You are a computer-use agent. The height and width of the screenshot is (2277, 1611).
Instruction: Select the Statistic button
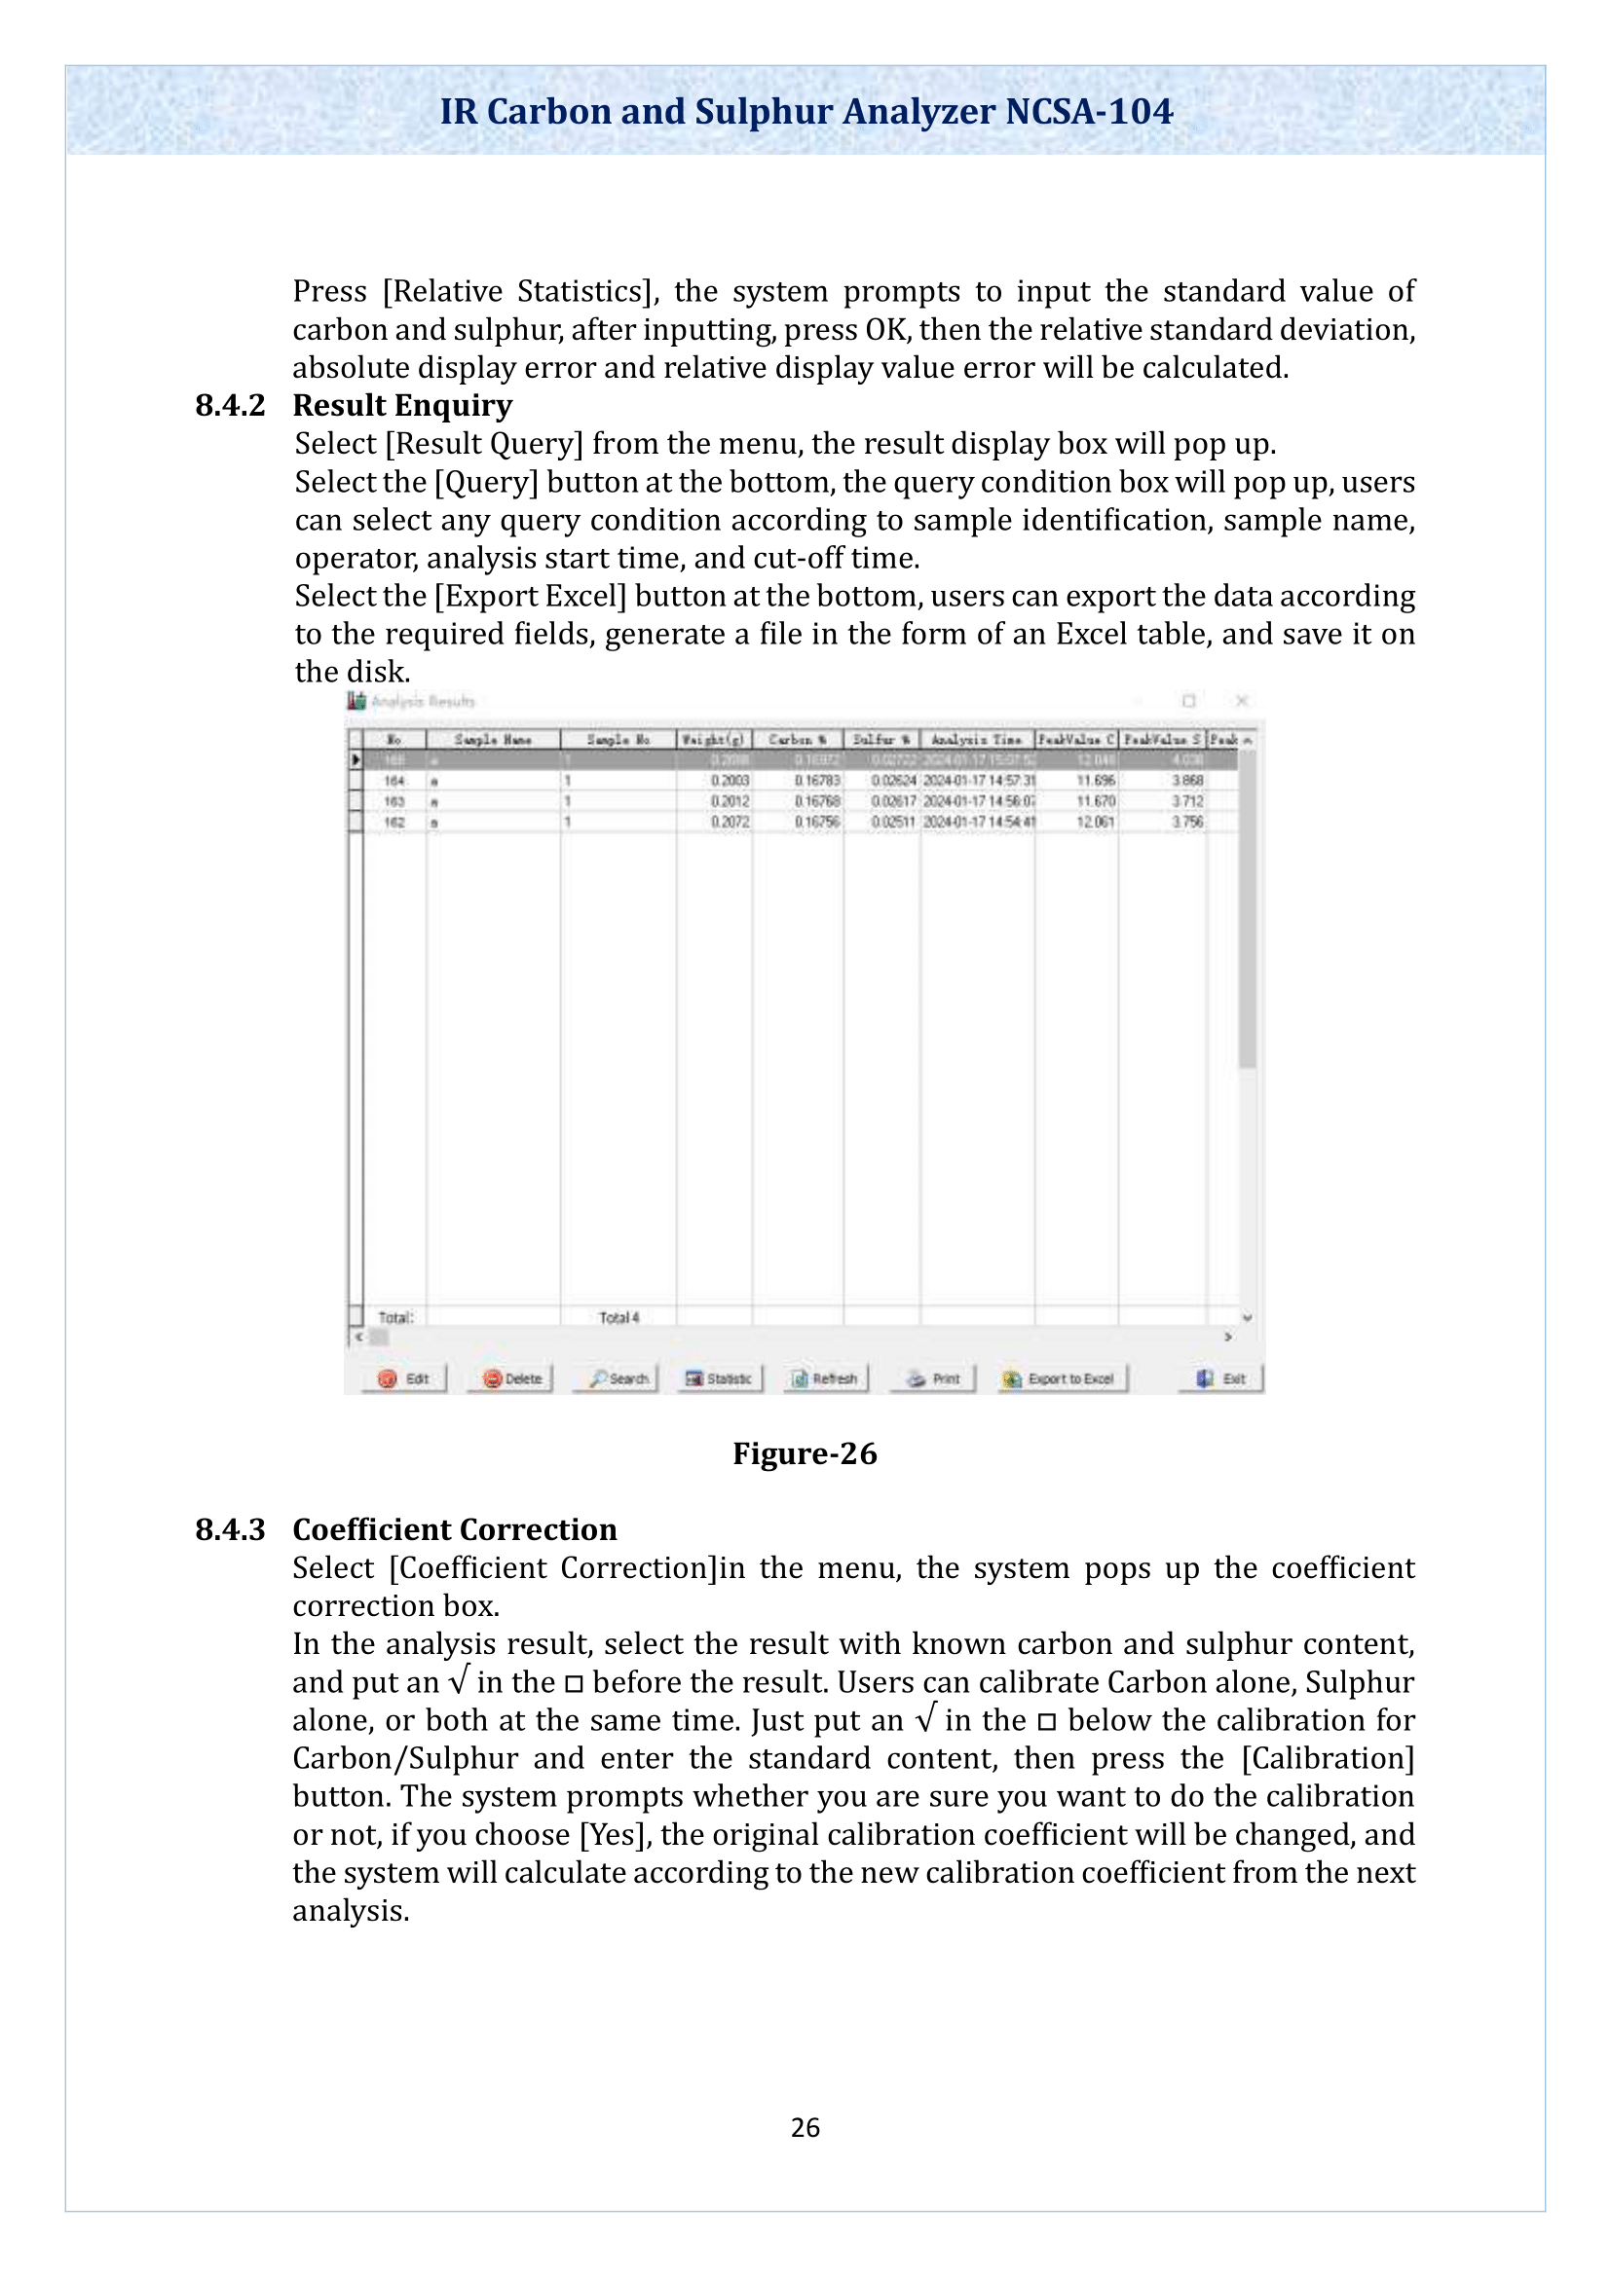coord(720,1378)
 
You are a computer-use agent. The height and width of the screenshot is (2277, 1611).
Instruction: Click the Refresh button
coord(825,1378)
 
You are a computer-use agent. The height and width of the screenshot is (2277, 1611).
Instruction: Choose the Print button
coord(934,1378)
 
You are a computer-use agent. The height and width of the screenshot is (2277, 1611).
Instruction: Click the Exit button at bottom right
coord(1222,1378)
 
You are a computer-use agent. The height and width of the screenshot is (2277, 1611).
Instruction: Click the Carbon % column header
coord(798,740)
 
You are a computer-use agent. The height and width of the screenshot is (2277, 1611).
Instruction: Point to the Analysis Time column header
coord(976,740)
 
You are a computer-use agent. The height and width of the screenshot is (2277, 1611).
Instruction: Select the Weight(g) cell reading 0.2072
coord(730,823)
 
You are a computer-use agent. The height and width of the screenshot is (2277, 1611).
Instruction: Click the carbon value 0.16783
coord(816,782)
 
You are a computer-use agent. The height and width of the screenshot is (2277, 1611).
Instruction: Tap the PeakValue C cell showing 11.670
coord(1095,801)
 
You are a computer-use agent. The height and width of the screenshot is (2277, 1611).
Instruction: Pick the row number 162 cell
coord(393,823)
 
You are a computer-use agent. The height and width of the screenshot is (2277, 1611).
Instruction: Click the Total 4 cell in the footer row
coord(619,1317)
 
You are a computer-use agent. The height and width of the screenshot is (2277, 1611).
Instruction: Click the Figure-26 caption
coord(805,1453)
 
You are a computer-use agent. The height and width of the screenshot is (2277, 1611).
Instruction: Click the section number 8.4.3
coord(230,1529)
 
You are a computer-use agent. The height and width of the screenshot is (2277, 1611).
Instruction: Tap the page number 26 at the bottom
coord(805,2127)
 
